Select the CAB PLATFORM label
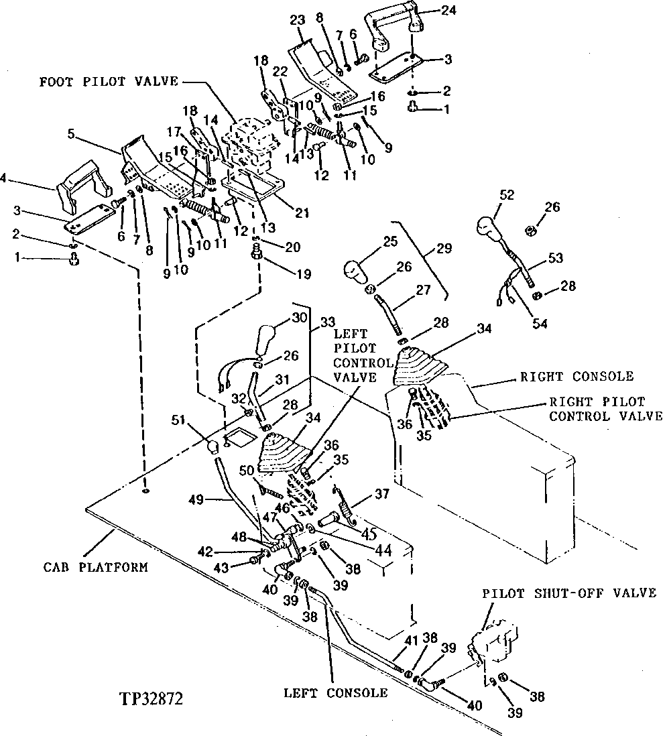(x=96, y=567)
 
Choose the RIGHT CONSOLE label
(x=577, y=377)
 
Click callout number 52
(x=508, y=194)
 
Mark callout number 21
(x=302, y=213)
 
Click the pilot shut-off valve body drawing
(x=496, y=642)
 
